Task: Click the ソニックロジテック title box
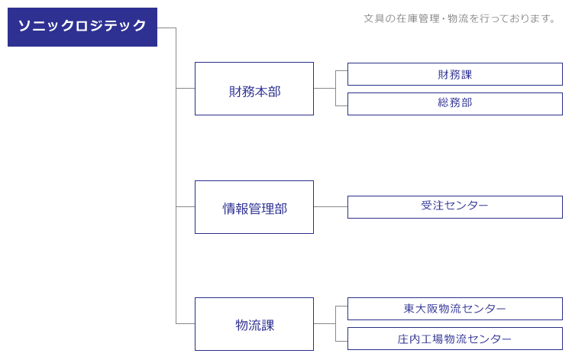pos(82,27)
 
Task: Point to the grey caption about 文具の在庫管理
pos(460,18)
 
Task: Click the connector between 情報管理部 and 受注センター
pos(331,206)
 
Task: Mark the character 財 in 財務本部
pos(235,92)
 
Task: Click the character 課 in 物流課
pos(268,325)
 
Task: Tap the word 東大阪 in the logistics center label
pos(421,309)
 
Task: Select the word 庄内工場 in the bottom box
pos(420,339)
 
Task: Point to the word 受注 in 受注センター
pos(432,205)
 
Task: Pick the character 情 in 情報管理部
pos(229,209)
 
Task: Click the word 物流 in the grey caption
pos(457,18)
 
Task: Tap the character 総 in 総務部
pos(443,102)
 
